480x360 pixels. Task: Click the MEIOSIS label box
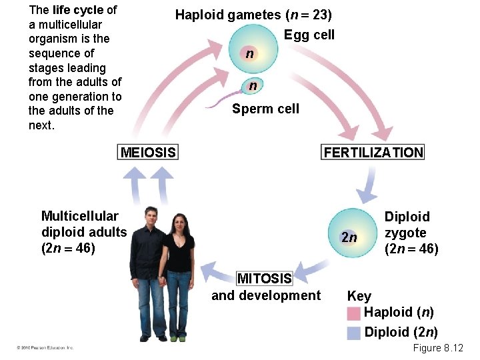(148, 153)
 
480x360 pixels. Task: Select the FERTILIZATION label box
(373, 153)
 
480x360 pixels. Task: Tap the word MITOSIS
(265, 278)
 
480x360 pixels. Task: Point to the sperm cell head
(253, 86)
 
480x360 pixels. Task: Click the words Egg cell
(309, 35)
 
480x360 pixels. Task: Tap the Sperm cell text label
(265, 109)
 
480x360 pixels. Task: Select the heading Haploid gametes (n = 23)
(253, 15)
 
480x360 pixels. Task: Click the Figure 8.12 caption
(437, 348)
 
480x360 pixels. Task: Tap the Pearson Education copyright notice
(45, 347)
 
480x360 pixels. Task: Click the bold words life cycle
(78, 10)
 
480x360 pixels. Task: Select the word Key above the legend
(359, 295)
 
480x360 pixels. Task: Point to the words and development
(265, 295)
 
